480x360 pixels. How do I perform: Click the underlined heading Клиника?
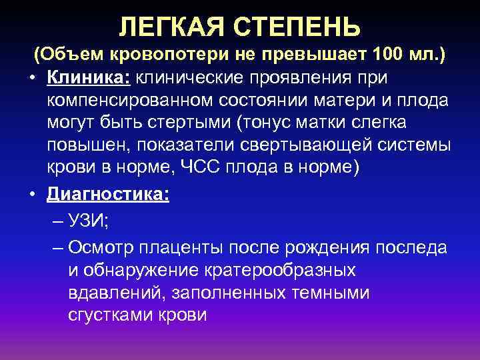(x=89, y=77)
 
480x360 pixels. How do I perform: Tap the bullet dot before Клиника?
(x=32, y=78)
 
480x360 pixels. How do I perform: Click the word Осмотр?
(x=101, y=249)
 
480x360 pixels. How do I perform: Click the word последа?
(x=411, y=249)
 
